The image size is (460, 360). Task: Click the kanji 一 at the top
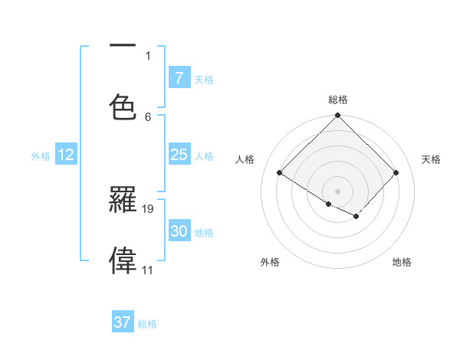pos(123,47)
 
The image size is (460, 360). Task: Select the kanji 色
pos(123,107)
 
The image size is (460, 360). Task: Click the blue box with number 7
pos(179,77)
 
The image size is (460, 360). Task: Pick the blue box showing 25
pos(179,155)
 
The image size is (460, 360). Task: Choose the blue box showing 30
pos(179,231)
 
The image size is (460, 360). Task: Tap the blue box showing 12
pos(66,155)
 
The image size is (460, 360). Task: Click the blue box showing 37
pos(122,322)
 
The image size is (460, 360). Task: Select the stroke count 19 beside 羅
pos(149,208)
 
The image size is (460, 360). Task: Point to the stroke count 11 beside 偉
pos(148,270)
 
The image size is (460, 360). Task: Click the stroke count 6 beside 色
pos(148,116)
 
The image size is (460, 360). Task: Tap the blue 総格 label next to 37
pos(148,324)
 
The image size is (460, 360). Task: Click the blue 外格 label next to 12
pos(41,156)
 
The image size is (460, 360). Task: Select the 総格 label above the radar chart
pos(337,100)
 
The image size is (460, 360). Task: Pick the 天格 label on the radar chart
pos(431,159)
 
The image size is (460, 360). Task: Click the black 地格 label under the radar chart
pos(402,262)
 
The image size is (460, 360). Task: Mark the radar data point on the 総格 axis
pos(337,116)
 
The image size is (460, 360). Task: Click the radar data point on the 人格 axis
pos(280,172)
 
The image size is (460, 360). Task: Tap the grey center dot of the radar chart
pos(337,191)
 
